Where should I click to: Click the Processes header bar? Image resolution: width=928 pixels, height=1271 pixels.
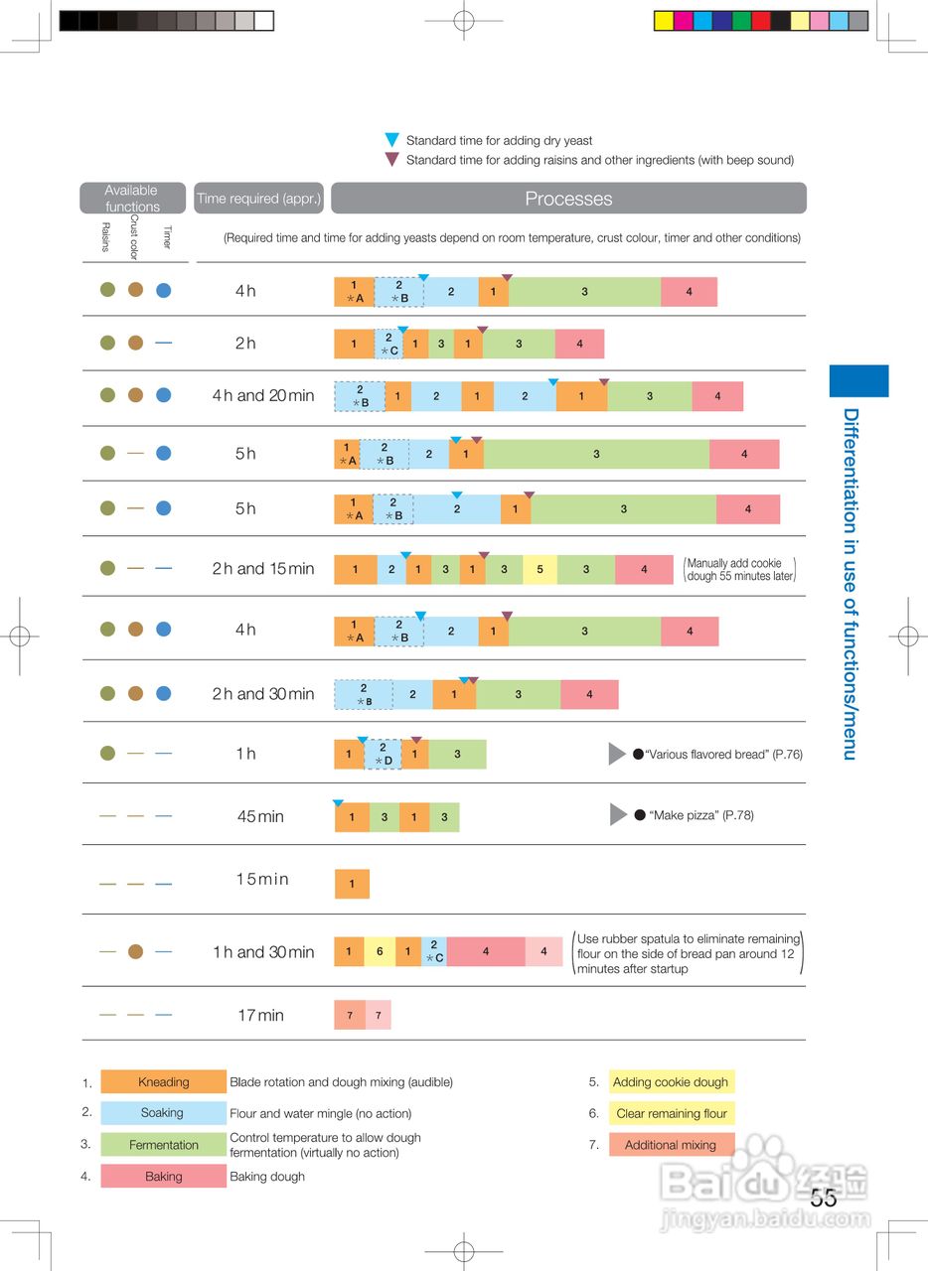pos(568,199)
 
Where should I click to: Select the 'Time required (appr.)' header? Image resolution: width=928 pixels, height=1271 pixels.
pos(258,199)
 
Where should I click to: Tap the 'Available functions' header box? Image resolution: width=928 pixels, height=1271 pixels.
pos(132,199)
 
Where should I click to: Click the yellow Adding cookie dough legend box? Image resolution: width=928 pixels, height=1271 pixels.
pos(671,1082)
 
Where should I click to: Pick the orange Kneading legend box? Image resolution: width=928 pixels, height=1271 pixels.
pos(164,1082)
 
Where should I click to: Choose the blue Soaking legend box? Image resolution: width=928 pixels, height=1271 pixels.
pos(164,1113)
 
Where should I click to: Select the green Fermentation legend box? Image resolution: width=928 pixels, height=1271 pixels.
pos(164,1145)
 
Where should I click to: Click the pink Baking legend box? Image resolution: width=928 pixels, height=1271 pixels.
pos(164,1177)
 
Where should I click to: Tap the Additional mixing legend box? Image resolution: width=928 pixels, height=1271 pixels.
pos(671,1145)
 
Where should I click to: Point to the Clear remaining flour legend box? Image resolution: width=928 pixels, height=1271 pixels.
pos(671,1113)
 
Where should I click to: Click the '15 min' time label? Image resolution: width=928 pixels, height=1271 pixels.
pos(262,880)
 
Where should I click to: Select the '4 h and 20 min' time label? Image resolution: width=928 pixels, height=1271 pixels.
pos(262,396)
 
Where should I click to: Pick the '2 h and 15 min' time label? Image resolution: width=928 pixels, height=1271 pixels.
pos(262,569)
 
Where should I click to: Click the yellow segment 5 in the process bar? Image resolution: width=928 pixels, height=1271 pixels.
pos(540,569)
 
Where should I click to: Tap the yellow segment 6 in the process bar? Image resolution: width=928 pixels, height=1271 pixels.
pos(380,951)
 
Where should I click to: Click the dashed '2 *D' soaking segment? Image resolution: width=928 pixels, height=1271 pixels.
pos(383,755)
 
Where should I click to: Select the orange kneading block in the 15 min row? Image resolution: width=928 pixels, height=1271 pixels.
pos(352,884)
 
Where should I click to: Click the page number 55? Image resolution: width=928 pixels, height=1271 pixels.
pos(823,1199)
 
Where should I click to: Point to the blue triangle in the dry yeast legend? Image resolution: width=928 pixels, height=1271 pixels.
pos(391,140)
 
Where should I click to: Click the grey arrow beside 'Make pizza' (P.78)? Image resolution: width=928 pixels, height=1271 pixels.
pos(618,815)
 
